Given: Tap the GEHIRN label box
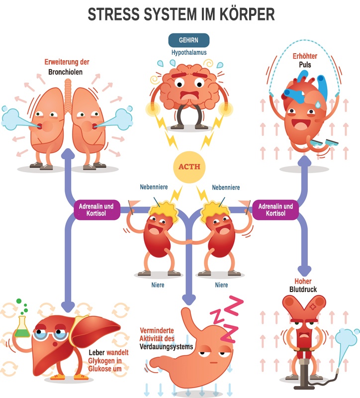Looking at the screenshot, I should (x=188, y=40).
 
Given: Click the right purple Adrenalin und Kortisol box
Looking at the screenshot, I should (x=275, y=210).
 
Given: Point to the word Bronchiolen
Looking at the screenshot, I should (x=66, y=72).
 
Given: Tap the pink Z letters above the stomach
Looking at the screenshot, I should (x=227, y=318).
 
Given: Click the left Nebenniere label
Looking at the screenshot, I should (x=153, y=188).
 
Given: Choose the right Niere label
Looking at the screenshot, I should (x=221, y=285).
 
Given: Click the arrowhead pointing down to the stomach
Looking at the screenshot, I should (x=188, y=299).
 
